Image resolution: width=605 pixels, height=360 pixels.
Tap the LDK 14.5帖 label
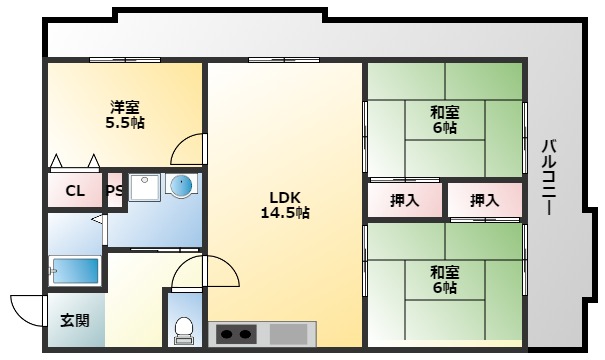coord(286,204)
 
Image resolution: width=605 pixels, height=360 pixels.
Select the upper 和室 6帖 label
coord(444,120)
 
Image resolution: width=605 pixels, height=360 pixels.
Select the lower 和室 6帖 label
coord(444,279)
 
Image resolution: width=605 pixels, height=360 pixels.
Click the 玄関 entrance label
coord(74,320)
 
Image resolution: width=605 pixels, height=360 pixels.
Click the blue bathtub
coord(75,271)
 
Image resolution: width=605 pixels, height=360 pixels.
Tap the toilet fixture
coord(183,326)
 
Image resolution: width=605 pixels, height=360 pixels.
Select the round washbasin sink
coord(181,187)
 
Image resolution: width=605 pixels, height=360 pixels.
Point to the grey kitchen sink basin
coord(289,333)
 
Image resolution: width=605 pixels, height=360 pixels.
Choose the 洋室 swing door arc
coord(188,150)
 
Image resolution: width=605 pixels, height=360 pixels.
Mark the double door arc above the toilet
coord(204,272)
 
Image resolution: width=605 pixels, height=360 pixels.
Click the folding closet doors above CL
coord(75,161)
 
